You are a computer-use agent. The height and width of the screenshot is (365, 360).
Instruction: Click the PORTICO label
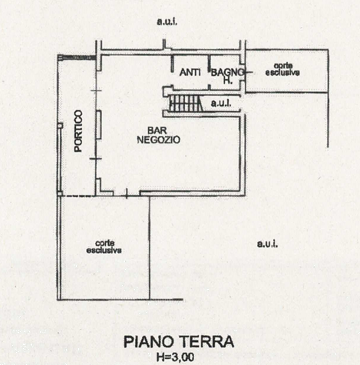pos(78,131)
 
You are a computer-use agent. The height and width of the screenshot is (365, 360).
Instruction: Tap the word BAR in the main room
pos(157,130)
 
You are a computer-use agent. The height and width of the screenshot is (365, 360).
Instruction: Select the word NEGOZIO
pos(159,140)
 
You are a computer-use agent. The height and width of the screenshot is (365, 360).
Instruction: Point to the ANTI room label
pos(190,73)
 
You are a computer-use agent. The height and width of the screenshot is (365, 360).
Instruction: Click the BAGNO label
pos(227,73)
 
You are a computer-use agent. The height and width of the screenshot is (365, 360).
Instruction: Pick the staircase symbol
pos(186,103)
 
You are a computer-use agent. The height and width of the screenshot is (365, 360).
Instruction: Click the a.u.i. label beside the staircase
pos(221,104)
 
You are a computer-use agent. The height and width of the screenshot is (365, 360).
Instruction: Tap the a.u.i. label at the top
pos(167,21)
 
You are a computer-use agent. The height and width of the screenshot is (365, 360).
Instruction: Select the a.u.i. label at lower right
pos(267,244)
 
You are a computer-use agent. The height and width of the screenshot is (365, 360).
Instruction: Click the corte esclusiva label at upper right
pos(282,70)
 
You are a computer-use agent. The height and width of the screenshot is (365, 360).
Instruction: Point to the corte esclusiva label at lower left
pos(104,247)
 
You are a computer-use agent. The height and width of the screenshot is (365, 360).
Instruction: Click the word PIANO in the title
pos(149,341)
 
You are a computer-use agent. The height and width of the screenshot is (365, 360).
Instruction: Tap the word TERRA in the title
pos(207,341)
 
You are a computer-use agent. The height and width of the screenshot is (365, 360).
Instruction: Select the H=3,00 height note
pos(175,357)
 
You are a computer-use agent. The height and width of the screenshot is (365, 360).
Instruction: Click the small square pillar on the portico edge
pos(61,126)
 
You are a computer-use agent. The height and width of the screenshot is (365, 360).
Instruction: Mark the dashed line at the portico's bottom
pos(78,196)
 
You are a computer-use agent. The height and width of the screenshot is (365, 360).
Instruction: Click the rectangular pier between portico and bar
pos(98,125)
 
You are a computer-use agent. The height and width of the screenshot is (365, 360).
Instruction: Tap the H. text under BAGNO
pos(228,81)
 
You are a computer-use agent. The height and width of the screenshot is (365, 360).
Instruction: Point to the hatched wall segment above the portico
pos(77,58)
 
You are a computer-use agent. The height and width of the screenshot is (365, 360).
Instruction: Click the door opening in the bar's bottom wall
pos(127,194)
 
